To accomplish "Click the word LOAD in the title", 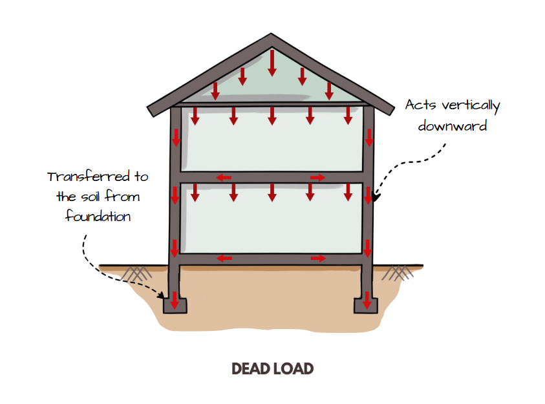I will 294,369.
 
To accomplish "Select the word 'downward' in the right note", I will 452,125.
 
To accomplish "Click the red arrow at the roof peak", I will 272,61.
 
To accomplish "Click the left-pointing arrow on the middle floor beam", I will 224,177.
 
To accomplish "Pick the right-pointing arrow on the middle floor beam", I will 318,177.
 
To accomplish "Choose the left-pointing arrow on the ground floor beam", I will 224,259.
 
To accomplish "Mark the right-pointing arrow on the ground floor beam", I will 318,259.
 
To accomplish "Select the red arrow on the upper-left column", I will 175,138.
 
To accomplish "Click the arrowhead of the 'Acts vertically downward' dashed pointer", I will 375,193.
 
